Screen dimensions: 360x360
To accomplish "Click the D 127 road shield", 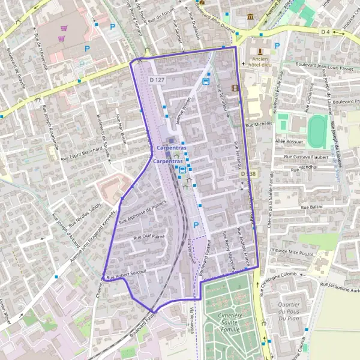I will click(157, 80).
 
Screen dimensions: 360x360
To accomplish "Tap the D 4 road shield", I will click(326, 31).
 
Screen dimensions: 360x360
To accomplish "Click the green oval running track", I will click(317, 130).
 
